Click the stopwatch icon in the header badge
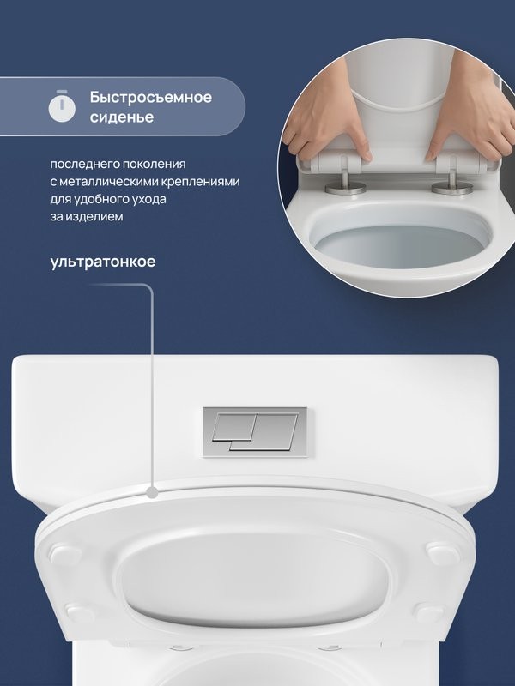61,106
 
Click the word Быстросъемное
151,97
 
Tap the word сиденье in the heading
122,117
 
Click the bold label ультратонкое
103,262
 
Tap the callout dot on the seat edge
151,493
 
